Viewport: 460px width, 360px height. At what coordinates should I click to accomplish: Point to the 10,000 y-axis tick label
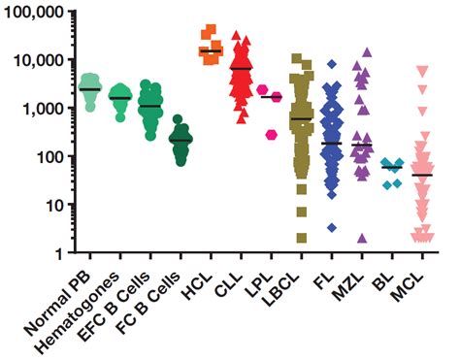coord(38,60)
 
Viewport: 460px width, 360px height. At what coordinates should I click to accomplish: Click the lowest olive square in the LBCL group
coord(302,238)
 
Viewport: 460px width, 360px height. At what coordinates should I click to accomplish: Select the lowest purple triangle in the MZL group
coord(362,238)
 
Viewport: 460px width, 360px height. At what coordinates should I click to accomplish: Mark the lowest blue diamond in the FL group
coord(331,227)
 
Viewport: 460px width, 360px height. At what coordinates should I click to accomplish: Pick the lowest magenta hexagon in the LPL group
coord(274,134)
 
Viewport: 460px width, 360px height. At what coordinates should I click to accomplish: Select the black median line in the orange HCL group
coord(211,50)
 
